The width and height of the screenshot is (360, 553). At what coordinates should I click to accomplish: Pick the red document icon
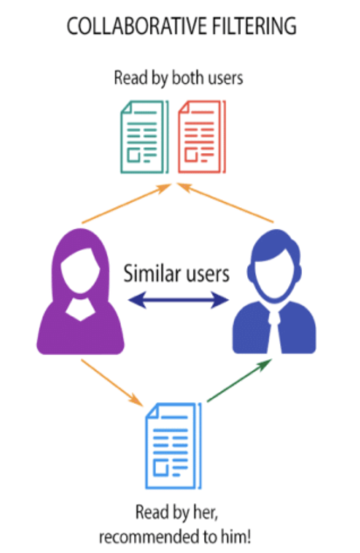[202, 137]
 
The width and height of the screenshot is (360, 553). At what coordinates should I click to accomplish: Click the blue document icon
[173, 446]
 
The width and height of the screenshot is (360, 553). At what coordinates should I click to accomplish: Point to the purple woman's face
[80, 271]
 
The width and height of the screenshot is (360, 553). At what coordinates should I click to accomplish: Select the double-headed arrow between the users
[178, 300]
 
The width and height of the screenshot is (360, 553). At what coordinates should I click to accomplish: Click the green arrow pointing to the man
[239, 380]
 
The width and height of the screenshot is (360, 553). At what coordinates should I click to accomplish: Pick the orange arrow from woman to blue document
[112, 383]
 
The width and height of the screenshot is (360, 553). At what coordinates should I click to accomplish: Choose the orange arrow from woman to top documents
[126, 203]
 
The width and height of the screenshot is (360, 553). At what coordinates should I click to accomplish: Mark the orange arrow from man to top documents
[226, 203]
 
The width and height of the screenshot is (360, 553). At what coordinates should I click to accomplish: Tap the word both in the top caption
[188, 78]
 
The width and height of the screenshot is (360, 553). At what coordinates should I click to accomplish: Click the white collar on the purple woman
[80, 309]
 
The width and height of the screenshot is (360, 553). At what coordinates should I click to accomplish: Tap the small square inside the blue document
[161, 469]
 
